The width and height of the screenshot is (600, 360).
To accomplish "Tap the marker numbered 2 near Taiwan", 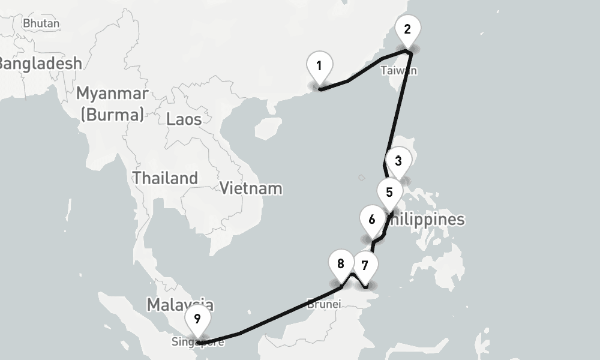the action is coord(407,29).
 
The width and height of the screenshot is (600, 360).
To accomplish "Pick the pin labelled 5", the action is coord(389,193).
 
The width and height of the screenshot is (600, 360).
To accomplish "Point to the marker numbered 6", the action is coord(372,220).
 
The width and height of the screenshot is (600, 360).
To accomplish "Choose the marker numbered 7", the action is coord(365,265).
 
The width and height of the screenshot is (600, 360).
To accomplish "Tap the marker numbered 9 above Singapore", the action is coord(197,319).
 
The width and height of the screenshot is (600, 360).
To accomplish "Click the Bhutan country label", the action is coord(41,23).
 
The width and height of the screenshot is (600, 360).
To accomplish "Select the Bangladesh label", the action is coord(39,63).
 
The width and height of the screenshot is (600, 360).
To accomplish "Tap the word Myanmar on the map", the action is coord(112,94).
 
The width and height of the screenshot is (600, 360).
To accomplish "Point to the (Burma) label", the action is coord(112,114).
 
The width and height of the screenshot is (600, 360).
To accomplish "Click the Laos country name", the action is coord(184,119).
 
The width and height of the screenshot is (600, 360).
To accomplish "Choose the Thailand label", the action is coord(165,178).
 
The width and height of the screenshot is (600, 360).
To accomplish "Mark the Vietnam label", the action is coord(251,188).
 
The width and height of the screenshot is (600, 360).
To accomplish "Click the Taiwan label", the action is coord(398,71).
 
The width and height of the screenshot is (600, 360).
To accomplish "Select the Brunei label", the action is coord(323,304).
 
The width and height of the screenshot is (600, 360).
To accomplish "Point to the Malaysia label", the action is coord(180,304).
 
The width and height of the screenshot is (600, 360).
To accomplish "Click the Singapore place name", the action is coord(198,343).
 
